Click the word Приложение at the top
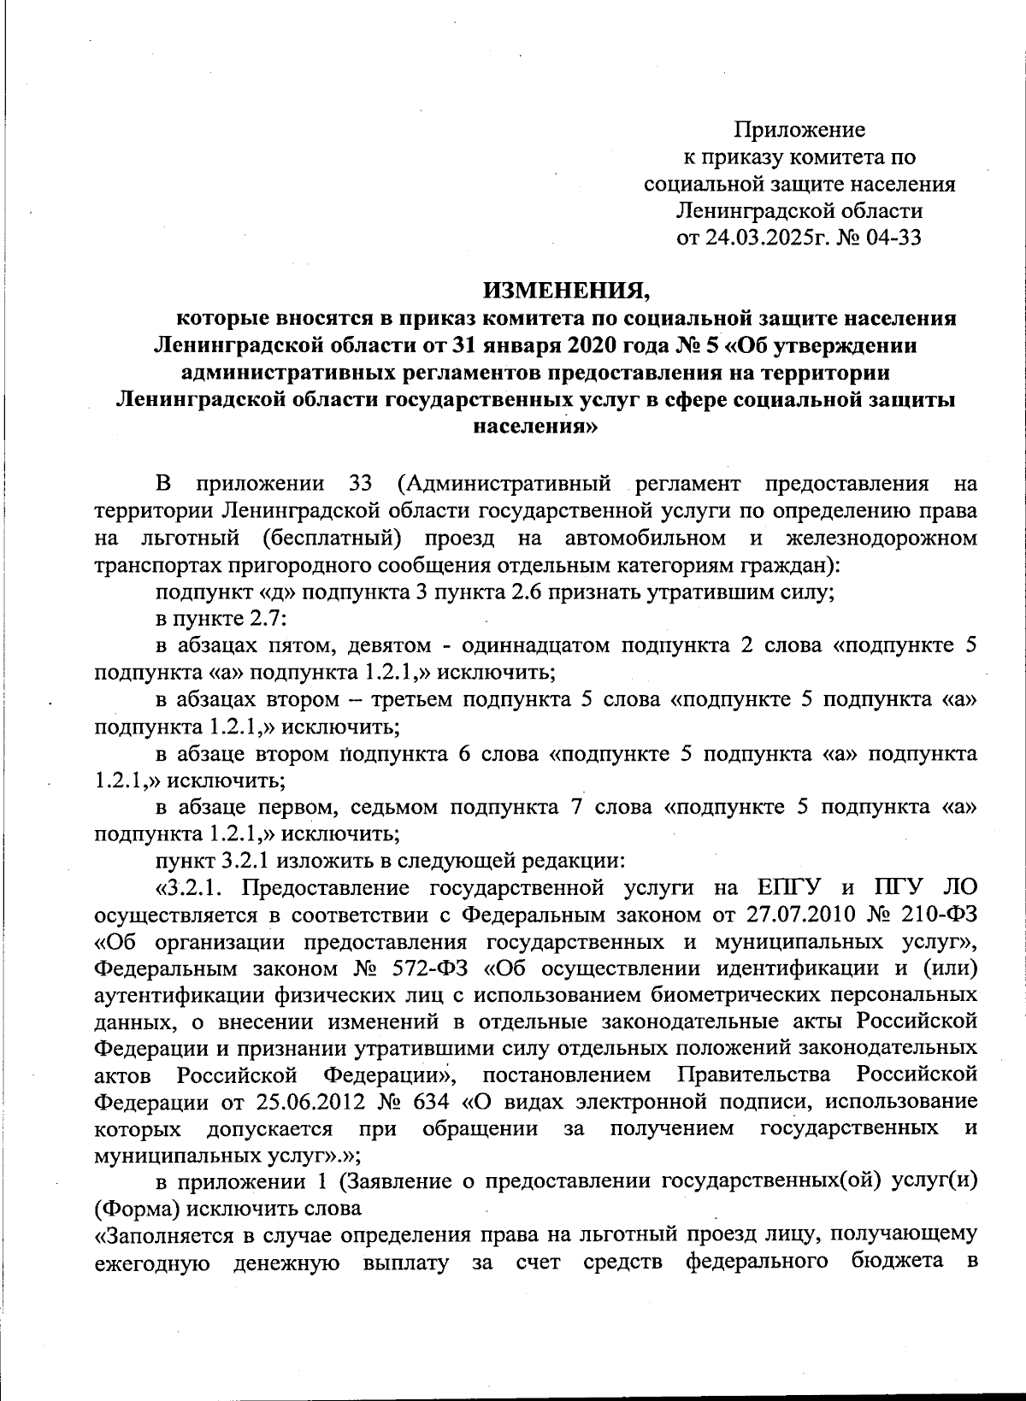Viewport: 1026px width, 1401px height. tap(799, 130)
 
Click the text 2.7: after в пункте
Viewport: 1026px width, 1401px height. tap(252, 618)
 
